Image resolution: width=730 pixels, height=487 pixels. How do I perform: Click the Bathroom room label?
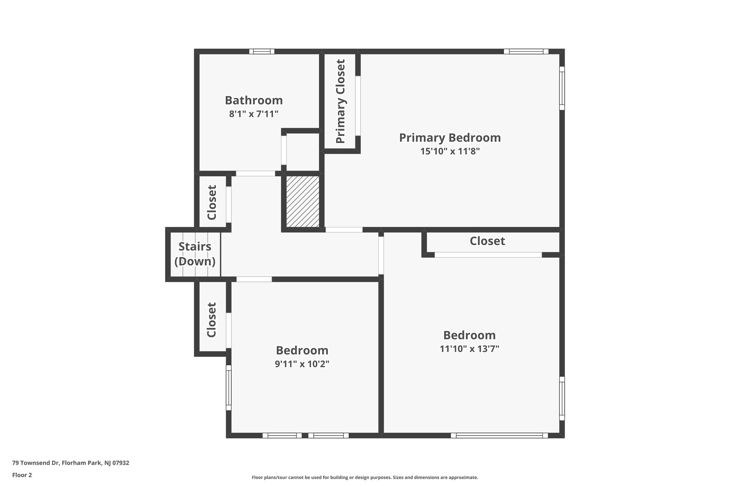pyautogui.click(x=253, y=101)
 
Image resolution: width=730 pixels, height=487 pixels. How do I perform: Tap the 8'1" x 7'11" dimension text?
pyautogui.click(x=253, y=114)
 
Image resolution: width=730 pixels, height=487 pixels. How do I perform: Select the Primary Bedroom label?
pyautogui.click(x=450, y=138)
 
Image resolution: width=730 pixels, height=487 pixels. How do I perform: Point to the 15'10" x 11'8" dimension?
pyautogui.click(x=450, y=151)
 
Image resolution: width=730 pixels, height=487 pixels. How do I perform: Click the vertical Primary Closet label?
pyautogui.click(x=340, y=101)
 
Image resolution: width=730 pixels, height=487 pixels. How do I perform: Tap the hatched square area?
pyautogui.click(x=303, y=201)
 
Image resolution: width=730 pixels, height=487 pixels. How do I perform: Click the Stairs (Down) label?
pyautogui.click(x=195, y=254)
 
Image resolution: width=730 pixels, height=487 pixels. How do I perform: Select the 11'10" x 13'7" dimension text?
pyautogui.click(x=469, y=349)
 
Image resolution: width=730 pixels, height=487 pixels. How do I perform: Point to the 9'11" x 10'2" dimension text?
pyautogui.click(x=302, y=364)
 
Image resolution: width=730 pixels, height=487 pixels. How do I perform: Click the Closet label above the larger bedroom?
pyautogui.click(x=487, y=241)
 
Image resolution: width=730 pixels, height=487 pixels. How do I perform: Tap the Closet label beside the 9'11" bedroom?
pyautogui.click(x=212, y=320)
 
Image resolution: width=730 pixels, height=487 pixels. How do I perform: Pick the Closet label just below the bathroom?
pyautogui.click(x=212, y=202)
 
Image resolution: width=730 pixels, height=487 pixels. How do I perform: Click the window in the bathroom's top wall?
pyautogui.click(x=262, y=51)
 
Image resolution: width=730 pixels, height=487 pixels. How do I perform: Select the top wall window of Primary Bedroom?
pyautogui.click(x=526, y=51)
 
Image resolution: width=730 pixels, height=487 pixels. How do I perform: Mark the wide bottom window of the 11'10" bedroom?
pyautogui.click(x=499, y=435)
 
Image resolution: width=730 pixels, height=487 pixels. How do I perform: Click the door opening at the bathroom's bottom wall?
pyautogui.click(x=255, y=174)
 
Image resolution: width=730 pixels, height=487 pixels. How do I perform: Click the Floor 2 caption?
pyautogui.click(x=22, y=475)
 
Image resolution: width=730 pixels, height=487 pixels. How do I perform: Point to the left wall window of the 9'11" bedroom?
pyautogui.click(x=228, y=387)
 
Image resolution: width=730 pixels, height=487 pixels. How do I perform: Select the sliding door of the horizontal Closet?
pyautogui.click(x=488, y=255)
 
